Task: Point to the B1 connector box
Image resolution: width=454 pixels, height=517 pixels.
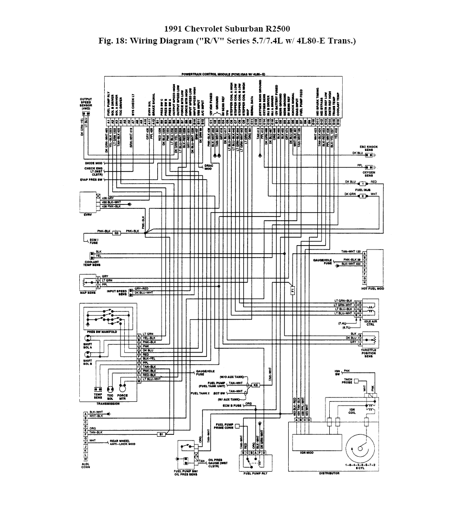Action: click(x=162, y=434)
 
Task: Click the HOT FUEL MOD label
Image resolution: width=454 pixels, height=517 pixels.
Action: click(x=372, y=289)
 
